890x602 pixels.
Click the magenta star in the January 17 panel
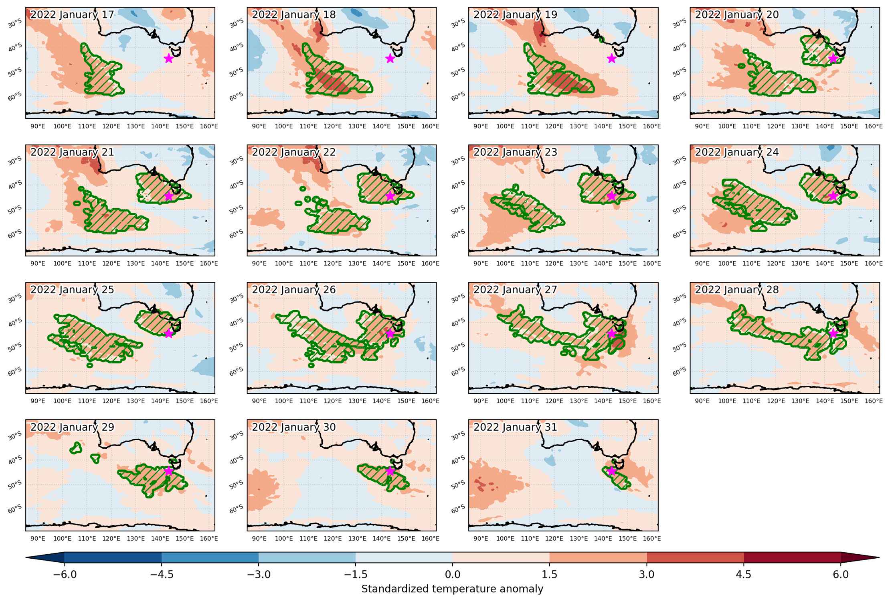pos(169,59)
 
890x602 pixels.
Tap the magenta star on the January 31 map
pos(612,471)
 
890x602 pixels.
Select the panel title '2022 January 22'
pos(294,152)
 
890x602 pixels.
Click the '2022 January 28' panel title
pos(737,289)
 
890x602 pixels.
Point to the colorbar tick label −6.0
pos(65,575)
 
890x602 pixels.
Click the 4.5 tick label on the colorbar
pos(744,575)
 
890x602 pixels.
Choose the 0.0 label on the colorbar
pos(453,575)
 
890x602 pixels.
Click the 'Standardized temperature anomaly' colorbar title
pos(452,589)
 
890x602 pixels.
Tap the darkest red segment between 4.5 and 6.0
pos(792,557)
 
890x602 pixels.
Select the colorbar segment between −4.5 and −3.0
pos(210,557)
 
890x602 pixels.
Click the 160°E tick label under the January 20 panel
pos(874,126)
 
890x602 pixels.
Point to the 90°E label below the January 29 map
pos(38,538)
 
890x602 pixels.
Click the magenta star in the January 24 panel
pos(833,196)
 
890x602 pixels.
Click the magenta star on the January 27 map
pos(612,334)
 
